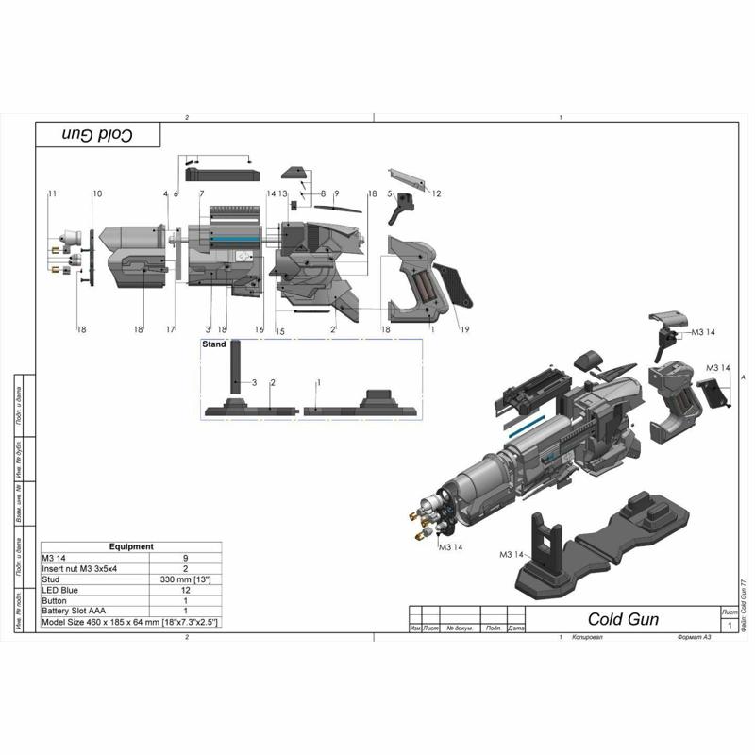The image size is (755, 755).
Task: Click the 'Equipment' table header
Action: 131,546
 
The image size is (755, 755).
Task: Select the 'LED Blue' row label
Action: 60,590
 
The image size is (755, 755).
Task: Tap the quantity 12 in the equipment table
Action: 185,590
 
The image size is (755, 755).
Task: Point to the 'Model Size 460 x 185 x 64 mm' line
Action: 130,623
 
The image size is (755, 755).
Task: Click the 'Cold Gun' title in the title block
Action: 623,620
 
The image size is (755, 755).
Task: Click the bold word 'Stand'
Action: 214,345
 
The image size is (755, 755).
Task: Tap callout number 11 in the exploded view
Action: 52,193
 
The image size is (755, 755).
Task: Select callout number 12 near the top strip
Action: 437,193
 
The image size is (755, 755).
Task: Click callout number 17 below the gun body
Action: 171,329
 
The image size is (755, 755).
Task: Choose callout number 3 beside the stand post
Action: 254,381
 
